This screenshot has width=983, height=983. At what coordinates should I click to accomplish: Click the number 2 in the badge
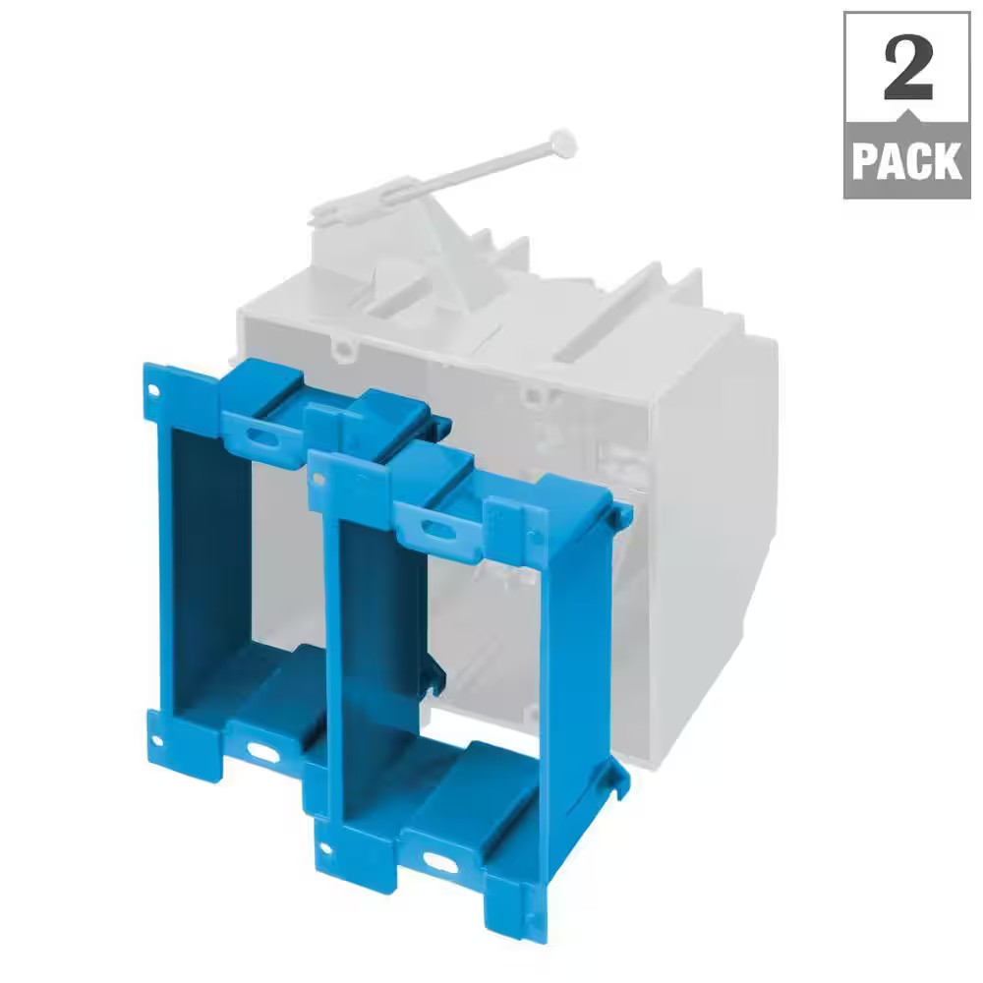(908, 67)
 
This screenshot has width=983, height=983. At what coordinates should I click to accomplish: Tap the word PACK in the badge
(907, 161)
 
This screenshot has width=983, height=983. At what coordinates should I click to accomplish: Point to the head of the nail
(562, 143)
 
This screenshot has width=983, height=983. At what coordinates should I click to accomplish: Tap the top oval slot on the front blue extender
(439, 532)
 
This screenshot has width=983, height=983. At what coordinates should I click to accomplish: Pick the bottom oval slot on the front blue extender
(440, 863)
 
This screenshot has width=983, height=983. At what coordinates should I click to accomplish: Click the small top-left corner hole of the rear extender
(155, 391)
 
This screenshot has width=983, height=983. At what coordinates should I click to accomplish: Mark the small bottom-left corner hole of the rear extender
(157, 741)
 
